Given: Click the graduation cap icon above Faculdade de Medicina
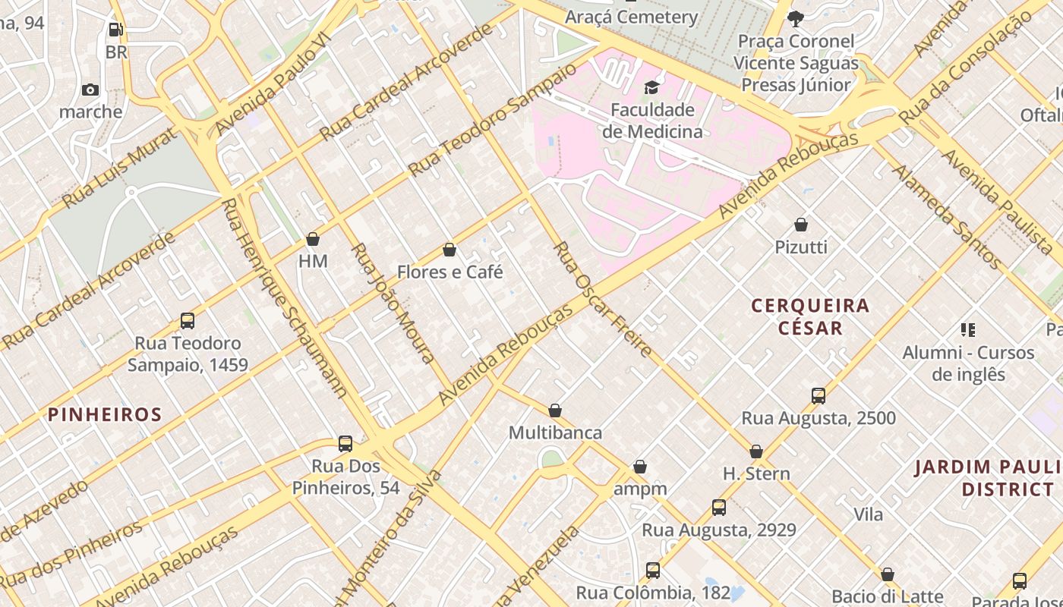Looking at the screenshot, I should pyautogui.click(x=651, y=88).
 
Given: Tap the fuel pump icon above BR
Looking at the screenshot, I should pyautogui.click(x=115, y=30).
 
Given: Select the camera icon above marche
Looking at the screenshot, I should pyautogui.click(x=90, y=90).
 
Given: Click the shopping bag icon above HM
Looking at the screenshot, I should pyautogui.click(x=312, y=239).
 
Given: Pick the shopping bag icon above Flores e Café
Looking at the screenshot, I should pyautogui.click(x=449, y=250).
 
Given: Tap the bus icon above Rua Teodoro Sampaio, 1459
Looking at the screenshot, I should pyautogui.click(x=188, y=321).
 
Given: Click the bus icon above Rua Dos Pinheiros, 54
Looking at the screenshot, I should pyautogui.click(x=345, y=444).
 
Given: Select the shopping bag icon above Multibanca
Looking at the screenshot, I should pyautogui.click(x=555, y=410).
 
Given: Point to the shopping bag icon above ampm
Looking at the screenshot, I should pyautogui.click(x=640, y=467).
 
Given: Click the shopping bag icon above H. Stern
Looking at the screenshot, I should pyautogui.click(x=756, y=451).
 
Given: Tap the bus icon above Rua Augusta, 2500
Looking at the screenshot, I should pyautogui.click(x=818, y=396).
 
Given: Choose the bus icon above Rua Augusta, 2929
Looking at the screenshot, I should pyautogui.click(x=719, y=508).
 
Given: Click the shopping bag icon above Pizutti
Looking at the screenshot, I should pyautogui.click(x=801, y=225).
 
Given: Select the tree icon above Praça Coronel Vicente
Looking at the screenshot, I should pyautogui.click(x=796, y=18).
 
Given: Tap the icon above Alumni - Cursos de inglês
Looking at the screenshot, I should pyautogui.click(x=967, y=330).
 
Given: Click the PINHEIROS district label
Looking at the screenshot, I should pyautogui.click(x=105, y=414).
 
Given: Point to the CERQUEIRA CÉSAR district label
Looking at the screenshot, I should pyautogui.click(x=810, y=316).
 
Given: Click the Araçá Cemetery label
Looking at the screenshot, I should pyautogui.click(x=632, y=17).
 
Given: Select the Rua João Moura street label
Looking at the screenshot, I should pyautogui.click(x=393, y=303).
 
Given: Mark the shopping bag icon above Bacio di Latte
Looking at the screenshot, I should pyautogui.click(x=887, y=574).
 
